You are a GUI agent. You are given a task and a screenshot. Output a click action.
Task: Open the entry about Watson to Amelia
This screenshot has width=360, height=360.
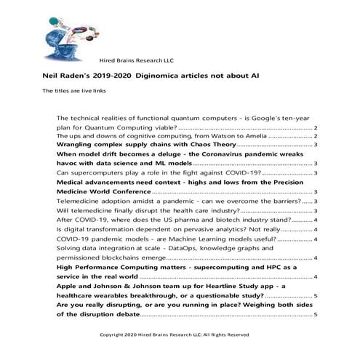click(x=182, y=136)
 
